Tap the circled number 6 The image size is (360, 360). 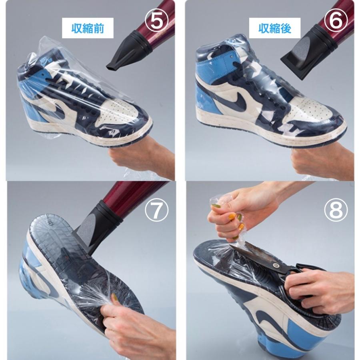(336, 20)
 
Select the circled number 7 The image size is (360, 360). (156, 210)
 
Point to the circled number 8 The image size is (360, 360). (336, 210)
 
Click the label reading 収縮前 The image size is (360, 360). (88, 28)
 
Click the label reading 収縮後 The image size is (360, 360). (275, 28)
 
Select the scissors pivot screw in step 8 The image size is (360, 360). (276, 266)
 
